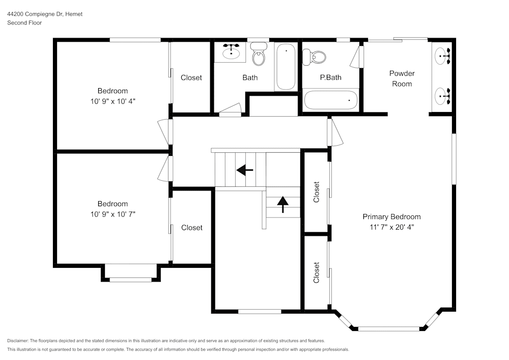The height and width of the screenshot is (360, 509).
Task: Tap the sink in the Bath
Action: (232, 52)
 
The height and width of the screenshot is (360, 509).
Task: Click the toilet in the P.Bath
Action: (315, 57)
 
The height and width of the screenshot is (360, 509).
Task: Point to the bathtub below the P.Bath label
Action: (331, 100)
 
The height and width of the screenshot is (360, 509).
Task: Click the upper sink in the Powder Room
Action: (442, 55)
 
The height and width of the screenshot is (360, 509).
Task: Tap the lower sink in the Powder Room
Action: (442, 94)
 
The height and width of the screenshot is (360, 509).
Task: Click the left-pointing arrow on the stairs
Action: (245, 170)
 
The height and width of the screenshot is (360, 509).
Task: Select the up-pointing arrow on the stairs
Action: (282, 204)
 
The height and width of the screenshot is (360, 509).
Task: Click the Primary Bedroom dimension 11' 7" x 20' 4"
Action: (391, 228)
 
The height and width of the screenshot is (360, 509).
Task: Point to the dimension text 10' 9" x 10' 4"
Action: (113, 101)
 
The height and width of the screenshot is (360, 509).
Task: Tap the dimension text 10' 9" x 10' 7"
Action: (113, 214)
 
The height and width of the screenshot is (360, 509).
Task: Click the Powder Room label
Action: (402, 78)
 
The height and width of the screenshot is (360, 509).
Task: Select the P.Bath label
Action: (330, 78)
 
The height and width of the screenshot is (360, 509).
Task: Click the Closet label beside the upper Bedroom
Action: (191, 78)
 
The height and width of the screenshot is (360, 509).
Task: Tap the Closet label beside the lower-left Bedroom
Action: (192, 228)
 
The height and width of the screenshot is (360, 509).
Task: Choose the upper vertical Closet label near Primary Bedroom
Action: (317, 192)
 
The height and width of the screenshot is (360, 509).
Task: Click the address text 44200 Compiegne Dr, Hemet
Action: (45, 14)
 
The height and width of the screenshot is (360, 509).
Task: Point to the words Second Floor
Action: (24, 23)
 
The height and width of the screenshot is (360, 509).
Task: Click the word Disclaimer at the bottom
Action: (18, 341)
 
